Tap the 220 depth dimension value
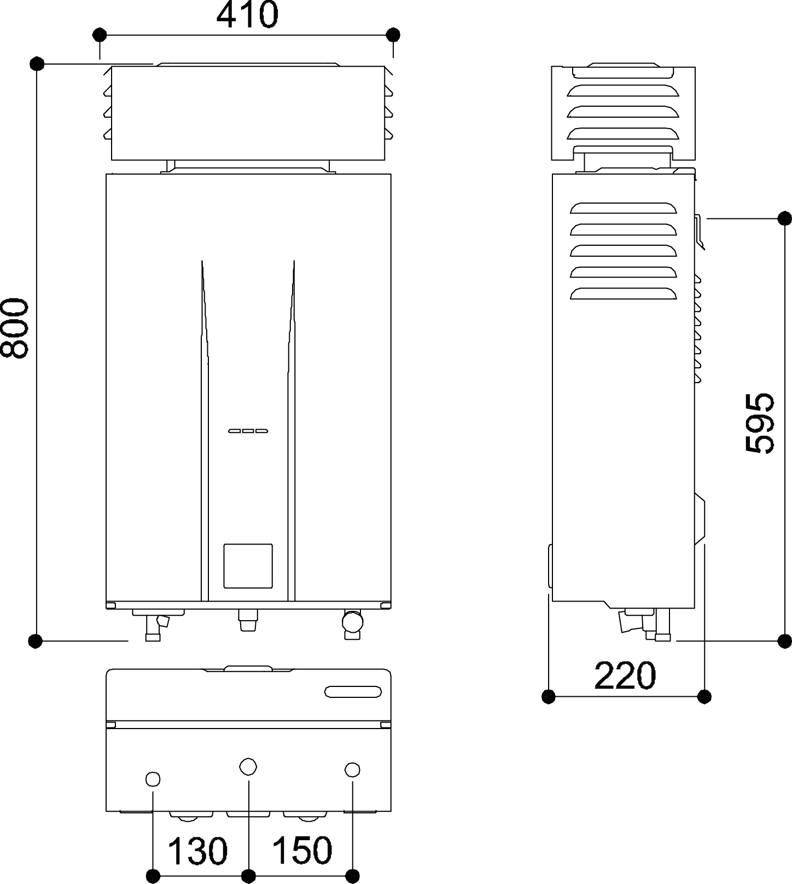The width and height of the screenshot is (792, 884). (x=625, y=675)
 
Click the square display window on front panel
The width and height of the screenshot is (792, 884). (x=248, y=566)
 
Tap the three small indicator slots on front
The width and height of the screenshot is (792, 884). (x=248, y=431)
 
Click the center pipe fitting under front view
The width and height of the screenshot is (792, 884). (x=248, y=621)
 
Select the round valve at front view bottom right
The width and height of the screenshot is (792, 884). (x=352, y=621)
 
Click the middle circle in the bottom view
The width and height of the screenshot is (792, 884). (x=248, y=766)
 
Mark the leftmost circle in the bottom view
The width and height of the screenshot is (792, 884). (x=153, y=779)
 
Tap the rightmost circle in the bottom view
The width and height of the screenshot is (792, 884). (x=353, y=770)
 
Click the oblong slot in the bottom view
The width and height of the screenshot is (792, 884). (x=353, y=691)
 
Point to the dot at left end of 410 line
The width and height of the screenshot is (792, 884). (x=99, y=35)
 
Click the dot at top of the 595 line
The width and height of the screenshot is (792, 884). (x=784, y=218)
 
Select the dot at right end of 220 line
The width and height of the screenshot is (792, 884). (x=705, y=697)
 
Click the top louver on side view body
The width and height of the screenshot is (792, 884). (x=623, y=208)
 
